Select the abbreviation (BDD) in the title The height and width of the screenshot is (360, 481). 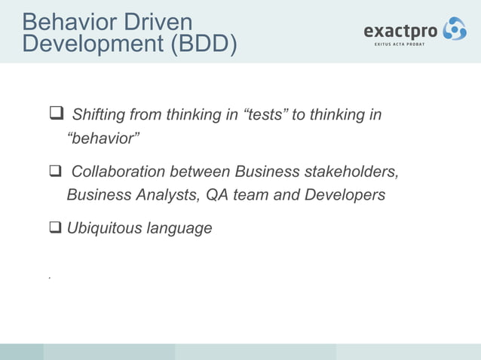202,45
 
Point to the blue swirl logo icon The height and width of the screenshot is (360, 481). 454,29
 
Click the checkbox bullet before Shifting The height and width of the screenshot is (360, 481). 55,115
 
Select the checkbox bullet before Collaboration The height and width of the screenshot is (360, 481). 55,173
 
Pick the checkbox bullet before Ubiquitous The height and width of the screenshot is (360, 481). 55,227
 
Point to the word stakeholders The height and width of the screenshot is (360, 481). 351,173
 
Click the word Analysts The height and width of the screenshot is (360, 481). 163,195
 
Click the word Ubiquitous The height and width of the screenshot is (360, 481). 100,227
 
